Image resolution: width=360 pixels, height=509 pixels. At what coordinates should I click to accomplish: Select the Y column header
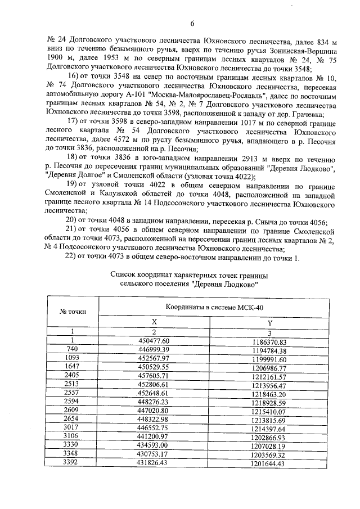[269, 322]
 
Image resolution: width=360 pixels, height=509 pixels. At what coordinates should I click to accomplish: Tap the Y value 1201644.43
[269, 464]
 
